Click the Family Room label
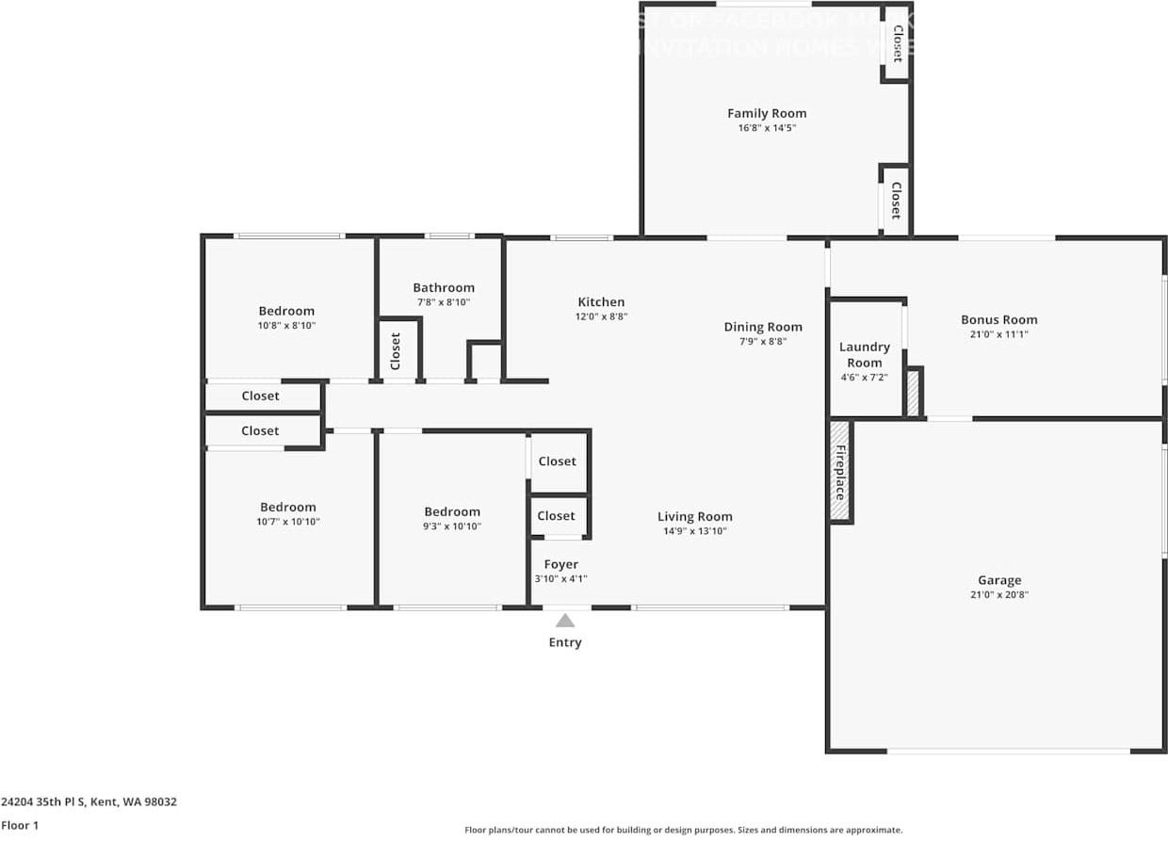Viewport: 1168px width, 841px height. [x=767, y=113]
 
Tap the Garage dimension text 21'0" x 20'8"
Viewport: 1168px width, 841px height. [x=998, y=595]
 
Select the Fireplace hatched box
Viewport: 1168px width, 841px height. [x=839, y=471]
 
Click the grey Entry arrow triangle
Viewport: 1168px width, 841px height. [x=565, y=620]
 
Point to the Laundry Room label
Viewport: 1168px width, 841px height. [x=864, y=355]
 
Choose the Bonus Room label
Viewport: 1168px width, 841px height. [x=998, y=319]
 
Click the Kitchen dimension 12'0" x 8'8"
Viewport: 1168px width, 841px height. [x=601, y=317]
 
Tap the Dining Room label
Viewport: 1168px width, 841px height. [x=763, y=327]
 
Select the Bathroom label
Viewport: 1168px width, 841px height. [x=444, y=288]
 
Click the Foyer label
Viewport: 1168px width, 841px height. [x=561, y=564]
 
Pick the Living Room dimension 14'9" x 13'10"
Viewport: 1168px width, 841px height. [x=694, y=531]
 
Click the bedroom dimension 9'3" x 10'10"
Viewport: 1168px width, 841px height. [x=452, y=526]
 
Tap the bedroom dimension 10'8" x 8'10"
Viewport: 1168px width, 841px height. [x=286, y=325]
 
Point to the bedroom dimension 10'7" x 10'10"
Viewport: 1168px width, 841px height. [x=288, y=521]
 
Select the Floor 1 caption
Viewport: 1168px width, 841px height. [x=21, y=825]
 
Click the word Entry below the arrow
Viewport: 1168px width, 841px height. [x=565, y=642]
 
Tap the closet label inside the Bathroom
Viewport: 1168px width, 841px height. [x=396, y=351]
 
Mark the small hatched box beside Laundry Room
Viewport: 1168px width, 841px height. [x=912, y=392]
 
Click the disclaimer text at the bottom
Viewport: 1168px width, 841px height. [x=683, y=830]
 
